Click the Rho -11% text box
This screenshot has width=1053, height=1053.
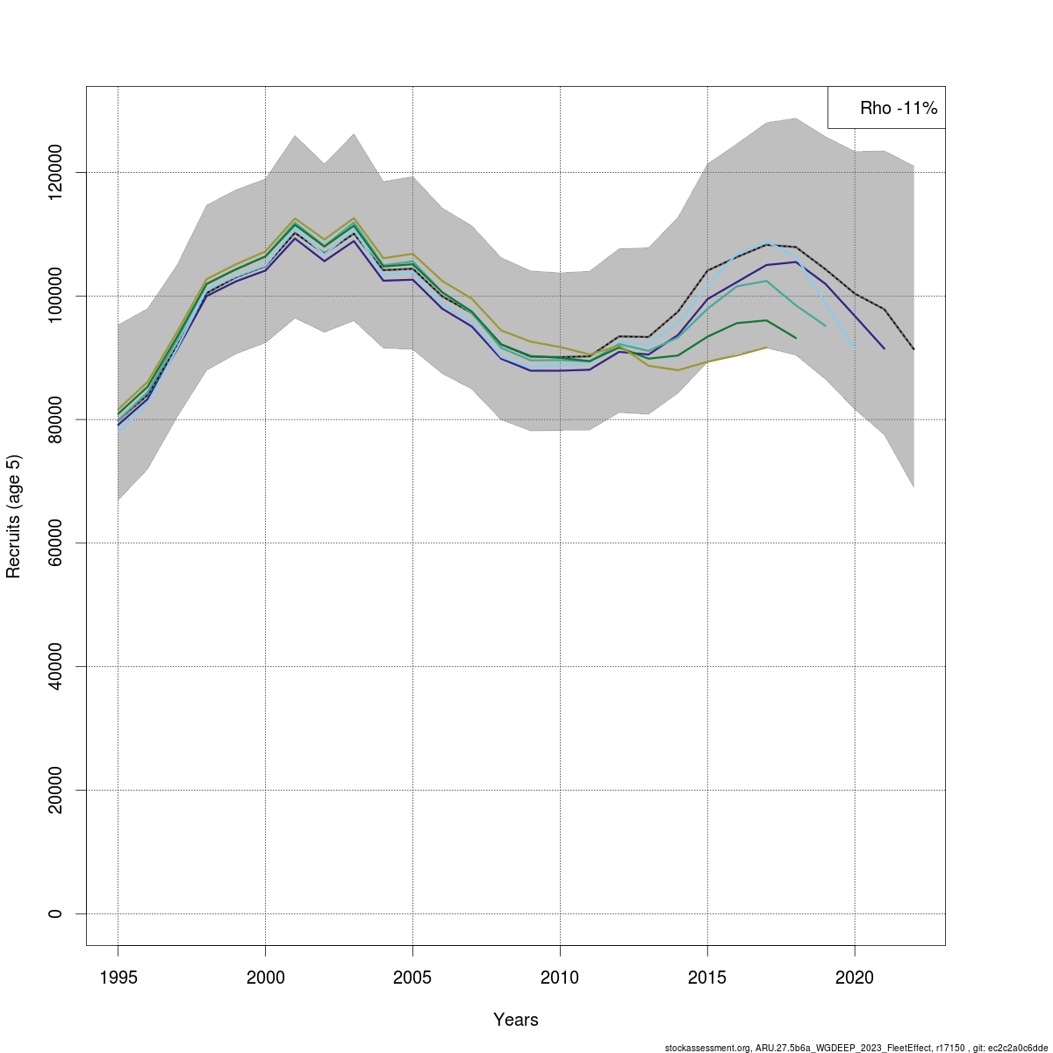[x=886, y=108]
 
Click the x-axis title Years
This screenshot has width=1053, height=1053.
[x=516, y=1020]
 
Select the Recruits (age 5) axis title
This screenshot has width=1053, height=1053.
[x=13, y=516]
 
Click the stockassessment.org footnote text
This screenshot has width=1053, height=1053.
[x=856, y=1048]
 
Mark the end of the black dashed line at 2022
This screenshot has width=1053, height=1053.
[x=913, y=349]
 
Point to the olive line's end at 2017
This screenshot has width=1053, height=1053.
[x=766, y=347]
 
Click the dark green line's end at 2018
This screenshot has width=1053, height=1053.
[x=796, y=338]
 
